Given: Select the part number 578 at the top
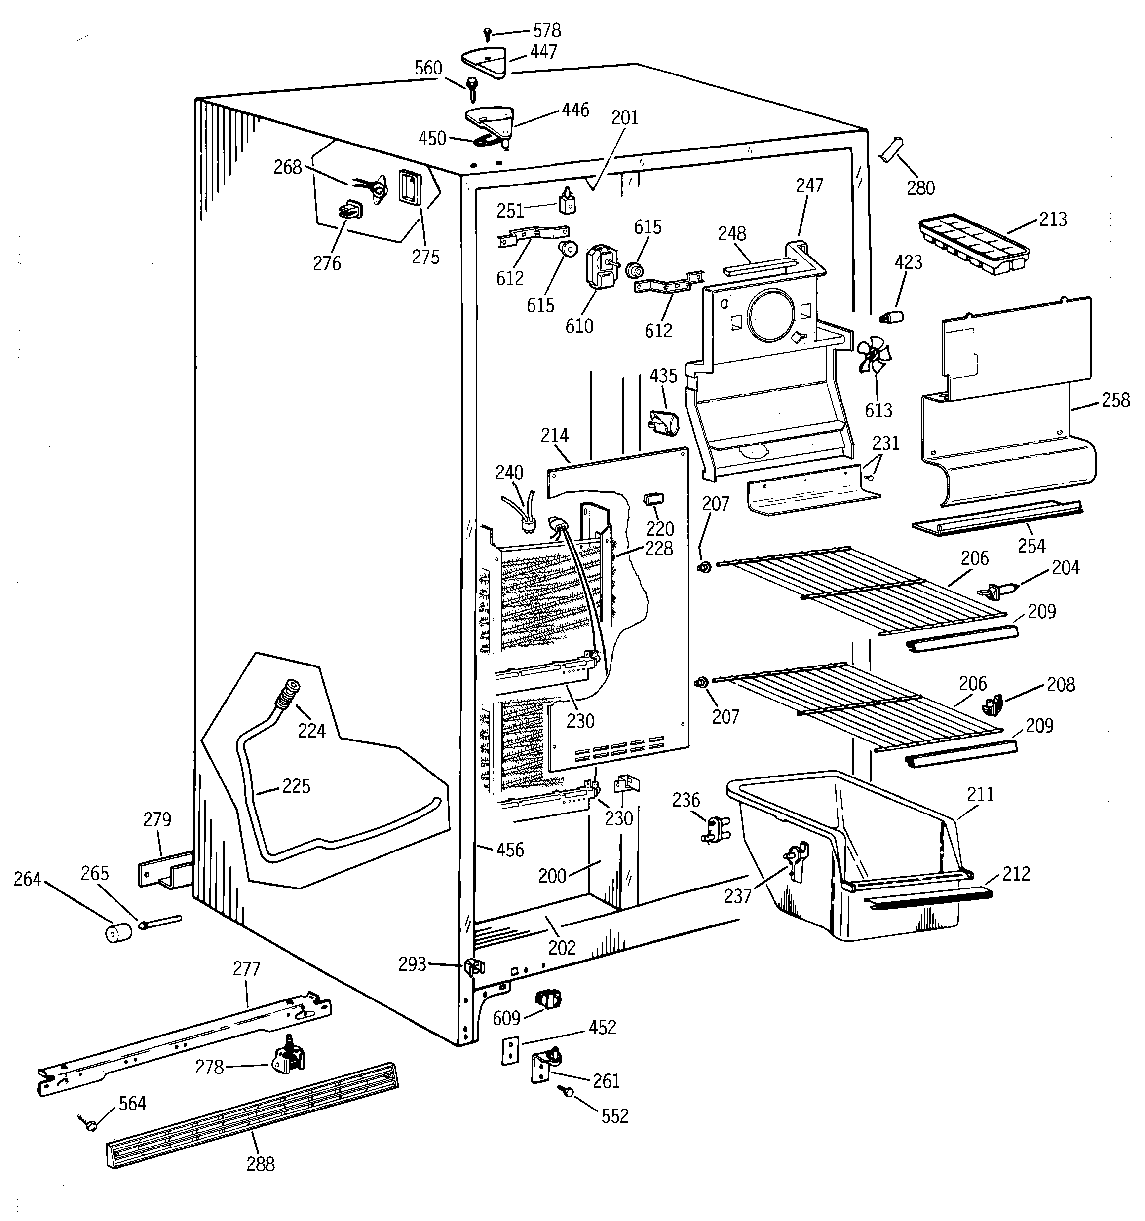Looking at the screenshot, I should (546, 30).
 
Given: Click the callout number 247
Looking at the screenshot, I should (809, 185).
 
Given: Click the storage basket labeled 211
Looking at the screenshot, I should (848, 860).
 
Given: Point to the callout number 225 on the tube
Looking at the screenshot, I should (296, 786).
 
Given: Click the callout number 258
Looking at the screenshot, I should (1115, 400).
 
